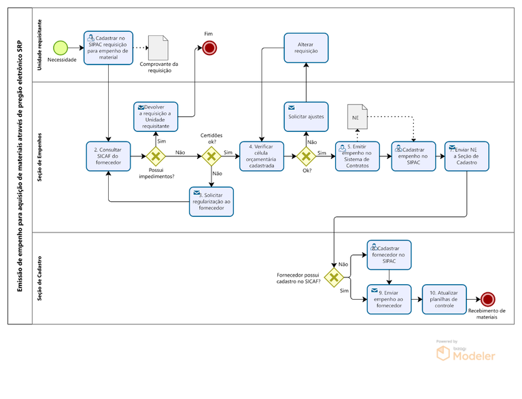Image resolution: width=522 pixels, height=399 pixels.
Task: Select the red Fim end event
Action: pyautogui.click(x=209, y=48)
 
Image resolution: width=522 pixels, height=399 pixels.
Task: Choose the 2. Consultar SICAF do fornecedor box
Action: pyautogui.click(x=109, y=156)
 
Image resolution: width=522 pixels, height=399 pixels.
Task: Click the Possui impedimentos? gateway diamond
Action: pyautogui.click(x=156, y=156)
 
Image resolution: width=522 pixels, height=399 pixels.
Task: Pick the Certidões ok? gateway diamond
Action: pyautogui.click(x=211, y=156)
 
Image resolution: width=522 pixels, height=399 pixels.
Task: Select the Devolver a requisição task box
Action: pyautogui.click(x=156, y=116)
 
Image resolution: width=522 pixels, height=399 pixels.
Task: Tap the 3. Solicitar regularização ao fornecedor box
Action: pyautogui.click(x=211, y=201)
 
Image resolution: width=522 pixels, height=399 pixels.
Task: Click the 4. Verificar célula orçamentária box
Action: pyautogui.click(x=262, y=156)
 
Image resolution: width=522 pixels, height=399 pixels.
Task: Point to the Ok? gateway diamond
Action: pyautogui.click(x=305, y=156)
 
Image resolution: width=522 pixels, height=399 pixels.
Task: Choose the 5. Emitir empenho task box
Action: pyautogui.click(x=358, y=156)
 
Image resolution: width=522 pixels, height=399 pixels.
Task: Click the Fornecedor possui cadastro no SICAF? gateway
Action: pyautogui.click(x=334, y=277)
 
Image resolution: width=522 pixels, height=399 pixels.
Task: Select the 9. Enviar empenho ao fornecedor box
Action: pyautogui.click(x=389, y=299)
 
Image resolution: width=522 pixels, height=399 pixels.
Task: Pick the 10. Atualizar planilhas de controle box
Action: pyautogui.click(x=444, y=299)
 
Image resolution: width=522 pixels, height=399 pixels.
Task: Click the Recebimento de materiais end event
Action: pyautogui.click(x=487, y=299)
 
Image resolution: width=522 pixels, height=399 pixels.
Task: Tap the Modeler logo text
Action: pyautogui.click(x=474, y=355)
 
